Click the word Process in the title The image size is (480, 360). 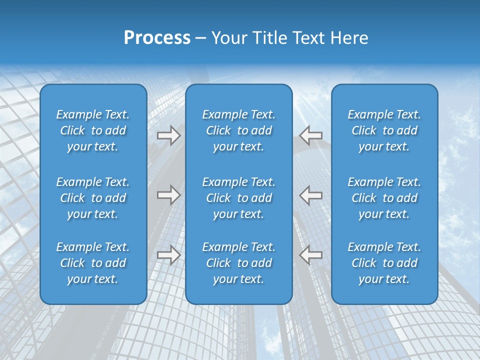point(157,38)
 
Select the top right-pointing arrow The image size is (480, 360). point(168,135)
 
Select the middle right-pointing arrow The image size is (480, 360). point(168,195)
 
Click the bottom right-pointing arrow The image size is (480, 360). point(168,255)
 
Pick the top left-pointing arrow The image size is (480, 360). point(310,135)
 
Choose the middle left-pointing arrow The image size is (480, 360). point(310,195)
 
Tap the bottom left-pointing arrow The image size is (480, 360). point(310,255)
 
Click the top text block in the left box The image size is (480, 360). point(93,130)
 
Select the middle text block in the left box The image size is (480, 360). point(93,198)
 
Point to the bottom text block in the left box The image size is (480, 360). point(93,263)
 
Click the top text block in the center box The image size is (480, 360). point(239,130)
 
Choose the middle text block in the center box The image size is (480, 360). point(239,198)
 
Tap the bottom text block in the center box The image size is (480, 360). point(239,263)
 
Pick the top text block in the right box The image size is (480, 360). point(384,130)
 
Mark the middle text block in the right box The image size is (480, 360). point(384,198)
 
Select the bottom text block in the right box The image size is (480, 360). point(384,263)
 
